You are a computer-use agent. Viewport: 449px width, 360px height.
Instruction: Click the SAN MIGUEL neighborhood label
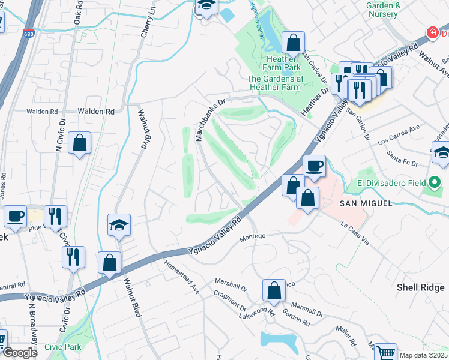[358, 203]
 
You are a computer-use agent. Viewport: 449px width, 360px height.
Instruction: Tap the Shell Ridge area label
[420, 287]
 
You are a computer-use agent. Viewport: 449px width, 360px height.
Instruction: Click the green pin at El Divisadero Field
[435, 182]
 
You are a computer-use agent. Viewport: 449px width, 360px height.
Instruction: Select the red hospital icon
[431, 32]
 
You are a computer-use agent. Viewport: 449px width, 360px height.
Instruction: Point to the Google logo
[20, 353]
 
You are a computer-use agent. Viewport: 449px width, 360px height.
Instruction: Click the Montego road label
[252, 238]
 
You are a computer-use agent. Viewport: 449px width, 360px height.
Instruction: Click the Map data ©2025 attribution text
[423, 355]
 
